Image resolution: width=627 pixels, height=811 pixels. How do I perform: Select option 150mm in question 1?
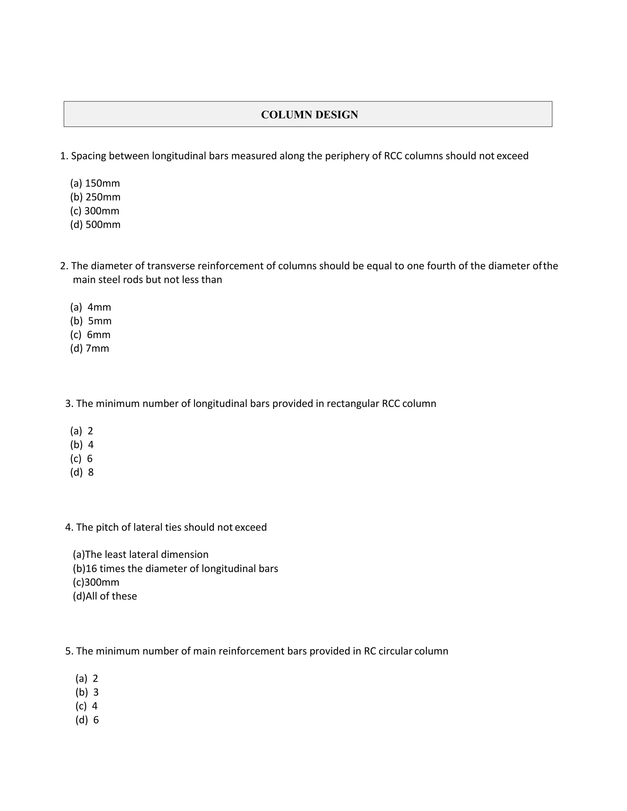click(x=95, y=183)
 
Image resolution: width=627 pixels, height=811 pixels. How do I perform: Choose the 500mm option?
click(x=96, y=224)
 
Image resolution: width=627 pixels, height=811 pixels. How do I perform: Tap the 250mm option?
click(x=96, y=197)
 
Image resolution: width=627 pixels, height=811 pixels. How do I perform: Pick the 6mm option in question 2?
click(x=91, y=334)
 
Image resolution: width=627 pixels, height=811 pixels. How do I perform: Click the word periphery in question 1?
click(x=347, y=156)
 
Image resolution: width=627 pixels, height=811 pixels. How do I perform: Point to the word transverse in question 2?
click(x=171, y=266)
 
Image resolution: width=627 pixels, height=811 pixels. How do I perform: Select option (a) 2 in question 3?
click(x=82, y=431)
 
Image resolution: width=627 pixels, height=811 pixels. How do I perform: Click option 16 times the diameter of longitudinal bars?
click(x=175, y=569)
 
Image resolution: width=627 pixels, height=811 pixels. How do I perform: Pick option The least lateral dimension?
click(x=141, y=555)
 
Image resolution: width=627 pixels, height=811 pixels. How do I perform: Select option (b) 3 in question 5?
click(x=87, y=692)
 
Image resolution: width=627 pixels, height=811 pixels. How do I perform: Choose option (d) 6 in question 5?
click(x=87, y=720)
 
